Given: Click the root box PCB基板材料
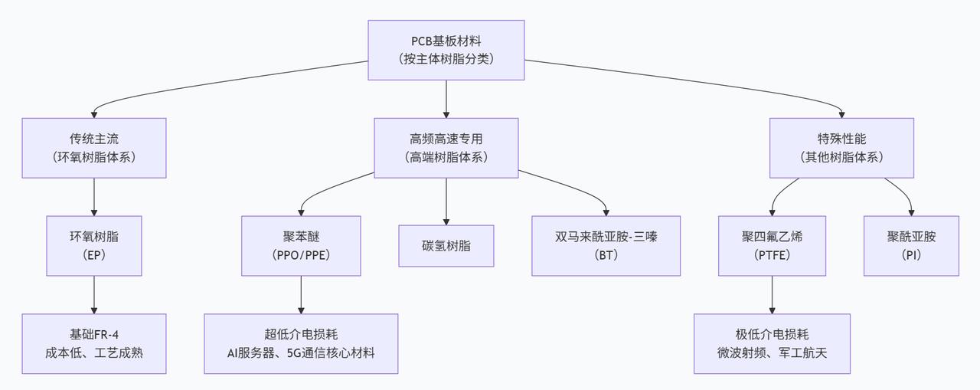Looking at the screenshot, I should [446, 50].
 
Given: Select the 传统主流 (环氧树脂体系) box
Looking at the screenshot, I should [94, 148].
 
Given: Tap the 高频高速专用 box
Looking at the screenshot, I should [446, 148].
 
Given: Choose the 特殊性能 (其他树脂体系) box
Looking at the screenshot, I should [841, 148].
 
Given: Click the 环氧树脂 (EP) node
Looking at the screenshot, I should [94, 245].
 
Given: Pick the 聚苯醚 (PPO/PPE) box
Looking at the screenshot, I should [301, 245].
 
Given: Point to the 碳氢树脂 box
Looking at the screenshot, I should [446, 245].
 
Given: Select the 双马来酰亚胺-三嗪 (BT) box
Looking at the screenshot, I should [606, 245].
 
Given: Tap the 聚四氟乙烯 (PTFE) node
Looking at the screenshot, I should [772, 245].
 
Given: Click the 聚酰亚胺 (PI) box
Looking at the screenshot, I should [911, 245].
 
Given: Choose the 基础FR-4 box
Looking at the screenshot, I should [94, 343].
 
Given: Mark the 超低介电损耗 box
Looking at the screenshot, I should [301, 343].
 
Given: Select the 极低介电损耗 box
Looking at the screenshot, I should [772, 343].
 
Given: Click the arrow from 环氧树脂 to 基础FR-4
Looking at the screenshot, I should [94, 295].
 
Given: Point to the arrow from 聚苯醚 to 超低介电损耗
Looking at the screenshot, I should [301, 295].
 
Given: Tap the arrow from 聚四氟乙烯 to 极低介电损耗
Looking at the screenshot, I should [772, 295].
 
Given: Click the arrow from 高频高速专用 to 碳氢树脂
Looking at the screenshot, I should [446, 201].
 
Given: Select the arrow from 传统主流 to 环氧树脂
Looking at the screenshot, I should [94, 197].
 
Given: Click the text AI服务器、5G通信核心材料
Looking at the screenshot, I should [301, 352].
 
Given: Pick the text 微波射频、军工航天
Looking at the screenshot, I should [772, 352].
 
